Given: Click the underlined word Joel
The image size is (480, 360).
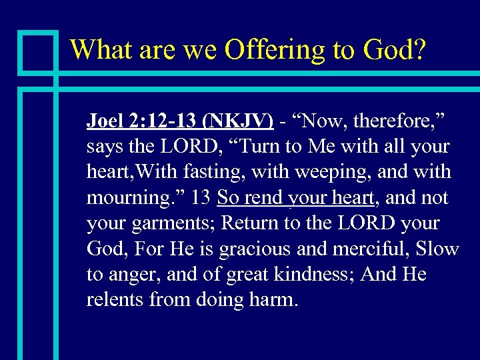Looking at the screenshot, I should pyautogui.click(x=104, y=121).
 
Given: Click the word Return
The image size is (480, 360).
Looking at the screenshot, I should pyautogui.click(x=247, y=223).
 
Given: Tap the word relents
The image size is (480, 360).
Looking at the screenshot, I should pyautogui.click(x=116, y=300).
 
